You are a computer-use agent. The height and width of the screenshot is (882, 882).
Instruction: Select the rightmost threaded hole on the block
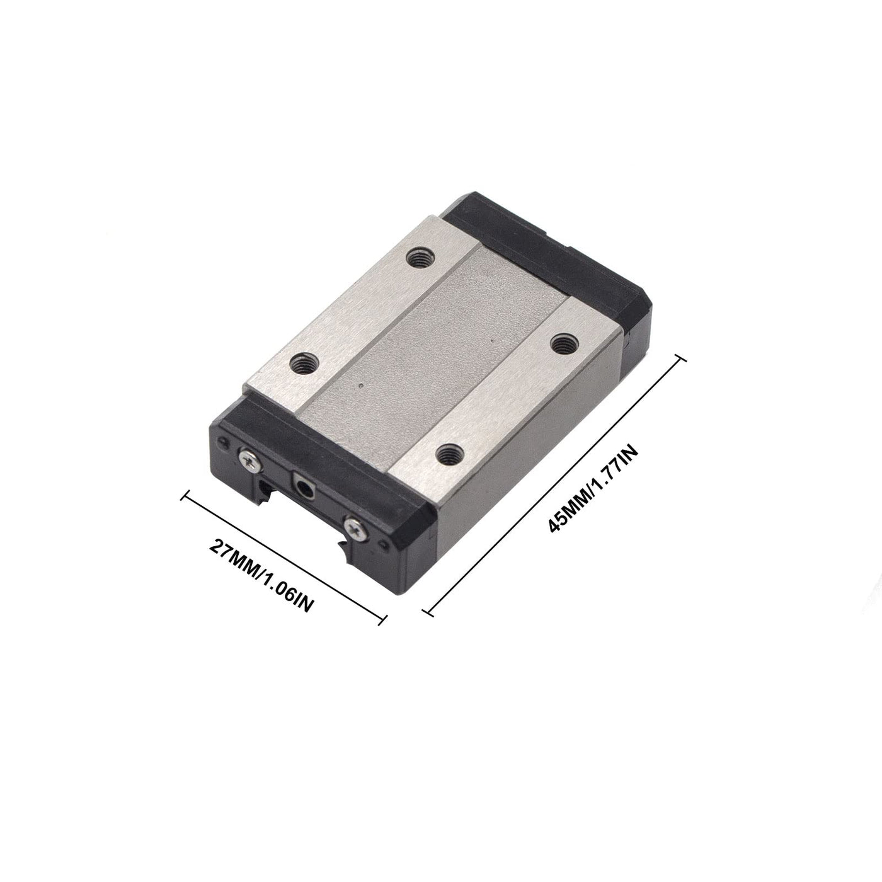tap(562, 343)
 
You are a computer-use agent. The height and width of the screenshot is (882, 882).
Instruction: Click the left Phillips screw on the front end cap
tap(250, 460)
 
